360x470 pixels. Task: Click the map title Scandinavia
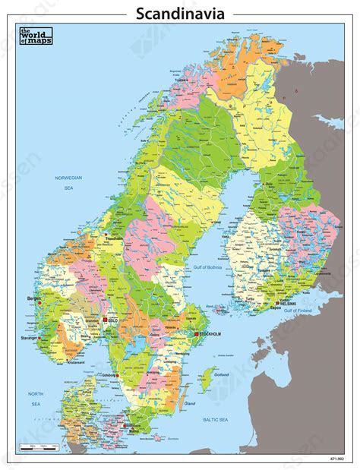click(x=179, y=13)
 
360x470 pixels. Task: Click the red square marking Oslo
click(x=106, y=320)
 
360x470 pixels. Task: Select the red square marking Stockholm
click(x=196, y=333)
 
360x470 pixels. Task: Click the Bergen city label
click(x=33, y=298)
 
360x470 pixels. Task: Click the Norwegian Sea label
click(x=68, y=181)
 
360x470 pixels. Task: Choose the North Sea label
click(x=36, y=398)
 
